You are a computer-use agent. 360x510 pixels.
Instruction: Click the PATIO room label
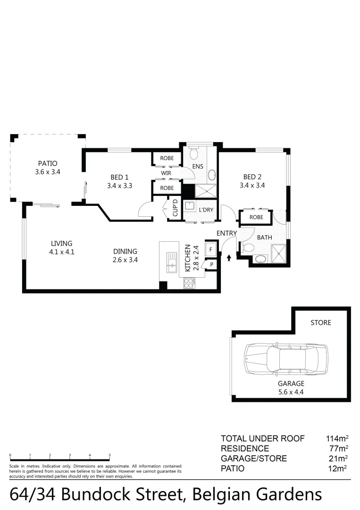click(x=48, y=164)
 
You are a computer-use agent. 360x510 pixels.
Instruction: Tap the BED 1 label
click(x=119, y=177)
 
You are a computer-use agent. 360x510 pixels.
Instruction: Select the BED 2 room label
click(x=252, y=177)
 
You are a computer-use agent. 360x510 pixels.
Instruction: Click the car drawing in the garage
click(x=285, y=359)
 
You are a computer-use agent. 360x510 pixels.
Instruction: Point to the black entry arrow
click(x=229, y=258)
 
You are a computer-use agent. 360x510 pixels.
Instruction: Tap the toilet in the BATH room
click(x=247, y=247)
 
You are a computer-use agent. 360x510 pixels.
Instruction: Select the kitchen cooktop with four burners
click(x=190, y=283)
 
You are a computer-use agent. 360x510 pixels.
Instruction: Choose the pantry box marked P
click(x=212, y=264)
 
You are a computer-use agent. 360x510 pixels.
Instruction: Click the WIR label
click(x=166, y=173)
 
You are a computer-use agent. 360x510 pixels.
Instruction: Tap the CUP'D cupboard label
click(x=174, y=209)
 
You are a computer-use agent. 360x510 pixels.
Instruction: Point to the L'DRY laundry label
click(x=205, y=210)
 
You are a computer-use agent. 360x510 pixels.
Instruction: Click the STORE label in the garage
click(x=320, y=323)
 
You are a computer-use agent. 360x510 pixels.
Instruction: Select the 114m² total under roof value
click(x=337, y=438)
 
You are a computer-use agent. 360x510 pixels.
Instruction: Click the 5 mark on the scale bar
click(x=110, y=456)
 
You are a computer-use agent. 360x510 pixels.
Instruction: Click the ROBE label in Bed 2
click(x=256, y=217)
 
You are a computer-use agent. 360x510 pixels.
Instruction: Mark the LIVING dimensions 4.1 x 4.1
click(x=62, y=252)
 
